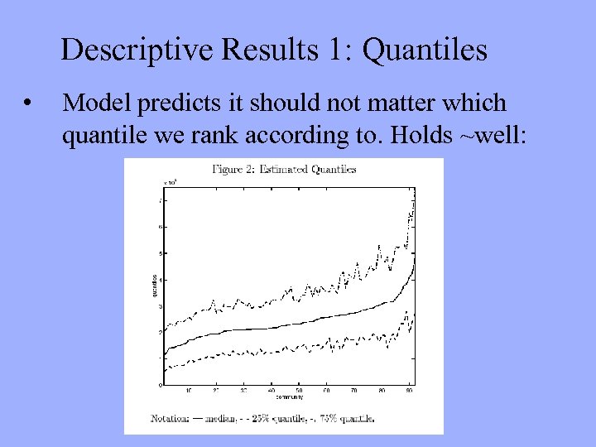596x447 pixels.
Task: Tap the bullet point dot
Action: point(29,104)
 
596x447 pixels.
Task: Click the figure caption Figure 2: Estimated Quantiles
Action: point(284,170)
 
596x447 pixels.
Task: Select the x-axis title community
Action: point(289,397)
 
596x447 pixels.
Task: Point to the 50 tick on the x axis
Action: point(299,390)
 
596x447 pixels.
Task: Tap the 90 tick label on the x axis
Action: point(409,390)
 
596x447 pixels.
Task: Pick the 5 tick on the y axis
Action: point(161,253)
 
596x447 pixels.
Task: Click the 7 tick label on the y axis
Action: point(161,200)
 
